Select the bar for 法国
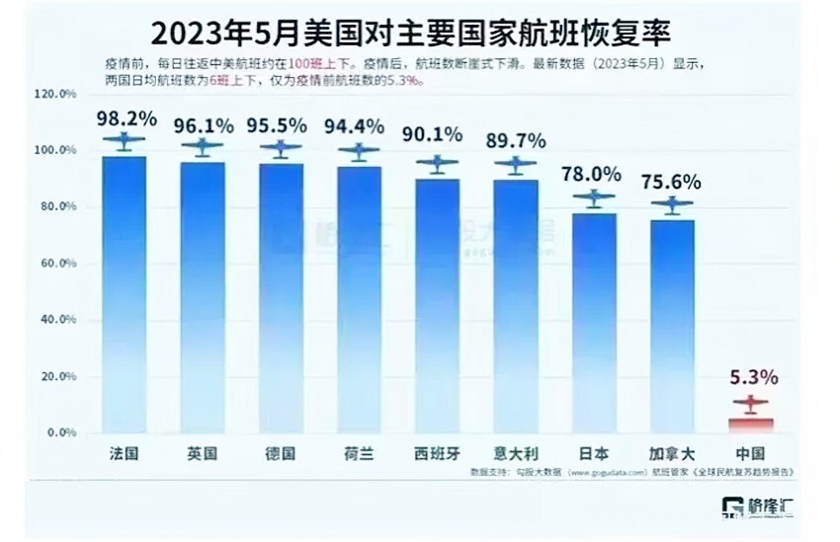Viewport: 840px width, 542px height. pyautogui.click(x=125, y=296)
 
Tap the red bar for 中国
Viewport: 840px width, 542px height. pyautogui.click(x=751, y=425)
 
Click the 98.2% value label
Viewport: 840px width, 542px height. pyautogui.click(x=126, y=118)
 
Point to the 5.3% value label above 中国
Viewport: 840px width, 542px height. pyautogui.click(x=754, y=377)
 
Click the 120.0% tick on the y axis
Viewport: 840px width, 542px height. pyautogui.click(x=55, y=94)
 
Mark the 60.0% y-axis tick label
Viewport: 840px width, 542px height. pyautogui.click(x=55, y=264)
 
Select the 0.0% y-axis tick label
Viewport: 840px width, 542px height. pyautogui.click(x=58, y=432)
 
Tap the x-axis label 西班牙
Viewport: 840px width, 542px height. pyautogui.click(x=437, y=454)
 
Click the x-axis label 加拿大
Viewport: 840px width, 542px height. pyautogui.click(x=672, y=454)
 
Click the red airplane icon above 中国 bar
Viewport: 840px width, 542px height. pyautogui.click(x=751, y=404)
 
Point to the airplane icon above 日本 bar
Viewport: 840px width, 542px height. pyautogui.click(x=594, y=198)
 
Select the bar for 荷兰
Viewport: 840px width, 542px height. pyautogui.click(x=359, y=296)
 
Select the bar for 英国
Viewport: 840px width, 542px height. pyautogui.click(x=203, y=296)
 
